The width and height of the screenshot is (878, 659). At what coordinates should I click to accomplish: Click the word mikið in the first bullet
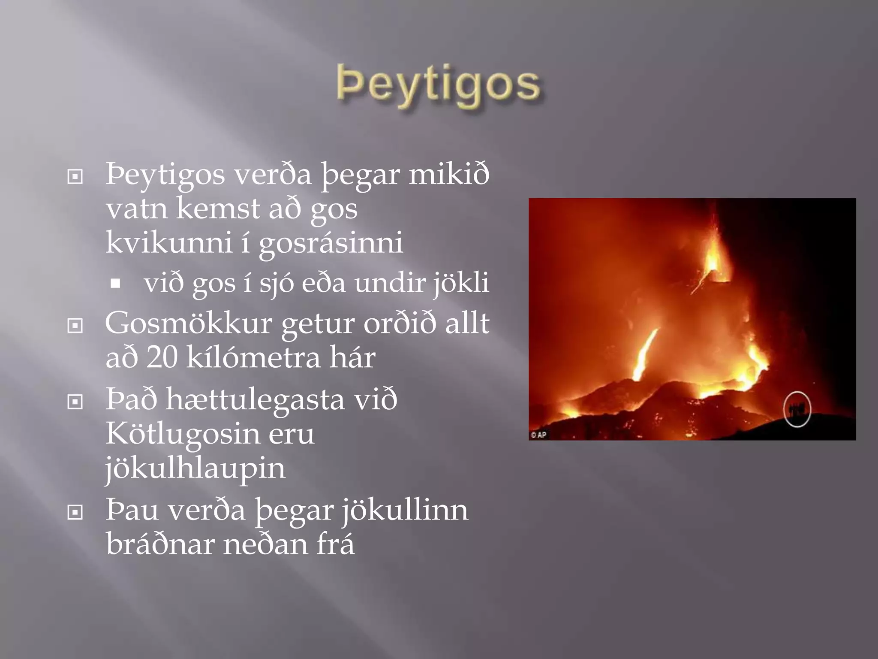[448, 175]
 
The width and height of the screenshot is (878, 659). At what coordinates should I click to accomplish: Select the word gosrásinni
[331, 243]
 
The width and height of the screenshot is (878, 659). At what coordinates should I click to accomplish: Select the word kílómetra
[253, 357]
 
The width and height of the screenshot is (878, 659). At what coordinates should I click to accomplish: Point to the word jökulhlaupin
[195, 468]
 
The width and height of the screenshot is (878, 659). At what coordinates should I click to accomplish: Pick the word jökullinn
[405, 511]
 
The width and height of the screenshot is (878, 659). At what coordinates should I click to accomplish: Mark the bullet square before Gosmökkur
[75, 326]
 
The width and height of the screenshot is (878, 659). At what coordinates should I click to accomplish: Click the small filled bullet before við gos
[115, 284]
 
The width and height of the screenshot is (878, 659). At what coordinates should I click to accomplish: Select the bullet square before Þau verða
[75, 512]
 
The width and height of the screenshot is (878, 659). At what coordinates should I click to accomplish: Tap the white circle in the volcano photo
[797, 409]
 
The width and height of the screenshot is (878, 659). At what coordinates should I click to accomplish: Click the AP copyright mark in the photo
[538, 435]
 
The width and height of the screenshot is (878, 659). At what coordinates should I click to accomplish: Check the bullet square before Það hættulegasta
[75, 402]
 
